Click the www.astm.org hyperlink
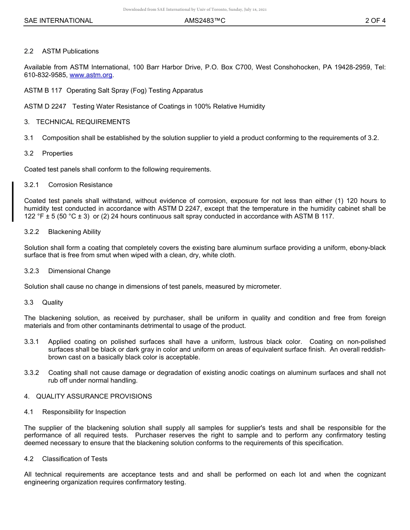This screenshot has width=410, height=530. pyautogui.click(x=91, y=75)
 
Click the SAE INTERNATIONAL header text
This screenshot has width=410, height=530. pyautogui.click(x=58, y=21)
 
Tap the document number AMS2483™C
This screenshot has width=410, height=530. pyautogui.click(x=205, y=21)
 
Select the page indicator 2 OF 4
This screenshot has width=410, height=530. pyautogui.click(x=375, y=21)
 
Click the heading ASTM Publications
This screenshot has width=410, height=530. pyautogui.click(x=70, y=51)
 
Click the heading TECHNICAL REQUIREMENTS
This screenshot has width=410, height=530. pyautogui.click(x=83, y=122)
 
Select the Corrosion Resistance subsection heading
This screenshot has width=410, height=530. pyautogui.click(x=80, y=185)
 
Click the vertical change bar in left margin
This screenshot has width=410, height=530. pyautogui.click(x=13, y=201)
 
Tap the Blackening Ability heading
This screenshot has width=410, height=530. pyautogui.click(x=74, y=232)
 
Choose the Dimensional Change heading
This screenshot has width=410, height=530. pyautogui.click(x=79, y=271)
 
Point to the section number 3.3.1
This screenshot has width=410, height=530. pyautogui.click(x=32, y=342)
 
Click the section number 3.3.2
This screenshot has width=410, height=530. pyautogui.click(x=32, y=373)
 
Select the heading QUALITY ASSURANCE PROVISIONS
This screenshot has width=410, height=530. pyautogui.click(x=94, y=396)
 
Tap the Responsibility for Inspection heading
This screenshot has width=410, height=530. pyautogui.click(x=84, y=412)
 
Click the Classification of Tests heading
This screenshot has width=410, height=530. pyautogui.click(x=75, y=459)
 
